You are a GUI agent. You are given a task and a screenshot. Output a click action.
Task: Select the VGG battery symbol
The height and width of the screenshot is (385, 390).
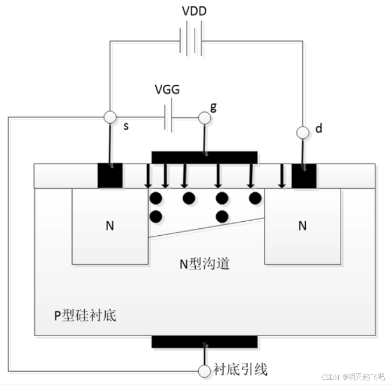click(169, 118)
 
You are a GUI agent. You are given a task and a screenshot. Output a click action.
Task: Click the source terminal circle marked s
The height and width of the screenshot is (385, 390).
click(109, 118)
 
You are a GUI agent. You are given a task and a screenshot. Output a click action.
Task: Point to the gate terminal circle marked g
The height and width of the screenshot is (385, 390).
click(204, 118)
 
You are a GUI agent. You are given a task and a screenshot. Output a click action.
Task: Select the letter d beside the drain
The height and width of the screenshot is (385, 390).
click(318, 129)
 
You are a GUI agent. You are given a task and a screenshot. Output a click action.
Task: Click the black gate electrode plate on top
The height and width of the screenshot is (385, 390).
click(204, 157)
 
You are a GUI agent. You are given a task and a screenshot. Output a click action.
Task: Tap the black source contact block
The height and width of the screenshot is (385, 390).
click(110, 176)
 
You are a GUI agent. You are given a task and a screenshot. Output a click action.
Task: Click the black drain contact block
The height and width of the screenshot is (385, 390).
click(303, 176)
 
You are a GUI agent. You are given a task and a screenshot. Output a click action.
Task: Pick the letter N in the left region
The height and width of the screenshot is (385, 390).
click(110, 226)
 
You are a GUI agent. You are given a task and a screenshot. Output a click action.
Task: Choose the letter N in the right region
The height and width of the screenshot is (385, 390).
click(302, 226)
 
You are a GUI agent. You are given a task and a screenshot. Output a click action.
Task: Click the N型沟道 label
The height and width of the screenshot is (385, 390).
click(204, 264)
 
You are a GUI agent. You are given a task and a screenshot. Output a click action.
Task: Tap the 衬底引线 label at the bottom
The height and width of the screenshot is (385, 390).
click(240, 369)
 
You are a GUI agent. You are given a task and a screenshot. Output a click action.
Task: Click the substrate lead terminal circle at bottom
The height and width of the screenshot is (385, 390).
click(204, 370)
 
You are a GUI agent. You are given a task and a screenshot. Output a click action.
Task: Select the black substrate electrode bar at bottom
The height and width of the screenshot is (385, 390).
click(204, 341)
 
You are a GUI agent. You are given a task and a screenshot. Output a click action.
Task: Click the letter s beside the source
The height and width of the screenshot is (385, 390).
click(126, 126)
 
